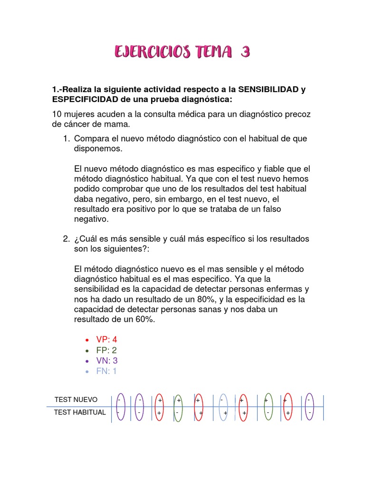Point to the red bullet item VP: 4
tap(106, 340)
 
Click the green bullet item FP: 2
tap(106, 350)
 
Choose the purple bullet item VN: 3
tap(107, 361)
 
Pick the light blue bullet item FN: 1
tap(106, 371)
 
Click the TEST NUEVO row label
tap(76, 400)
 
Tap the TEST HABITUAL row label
tap(80, 412)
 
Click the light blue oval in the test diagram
tap(223, 407)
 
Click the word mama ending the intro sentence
tap(117, 124)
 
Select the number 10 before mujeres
tap(57, 114)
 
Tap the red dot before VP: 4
tap(86, 340)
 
